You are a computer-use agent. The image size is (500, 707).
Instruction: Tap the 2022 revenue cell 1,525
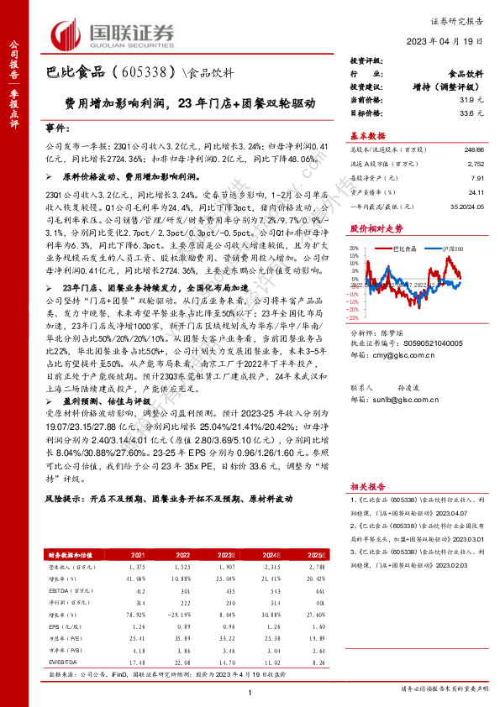(184, 568)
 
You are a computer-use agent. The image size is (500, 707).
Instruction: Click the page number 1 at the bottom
(250, 690)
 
